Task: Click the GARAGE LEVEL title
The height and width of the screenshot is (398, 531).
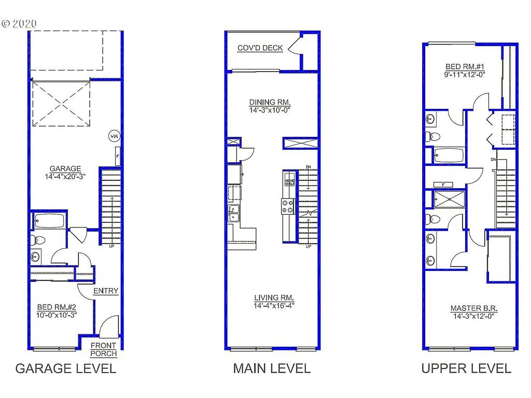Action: click(65, 368)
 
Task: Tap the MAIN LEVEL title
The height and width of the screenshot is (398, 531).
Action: click(272, 368)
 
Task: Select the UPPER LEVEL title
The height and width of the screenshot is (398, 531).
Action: click(466, 368)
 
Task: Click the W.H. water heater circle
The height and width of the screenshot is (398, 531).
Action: click(114, 136)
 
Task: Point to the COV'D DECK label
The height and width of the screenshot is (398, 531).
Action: click(260, 48)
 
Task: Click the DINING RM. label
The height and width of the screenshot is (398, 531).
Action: click(270, 102)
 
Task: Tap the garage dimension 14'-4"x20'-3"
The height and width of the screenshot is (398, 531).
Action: click(65, 176)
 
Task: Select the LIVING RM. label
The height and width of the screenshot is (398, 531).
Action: click(274, 297)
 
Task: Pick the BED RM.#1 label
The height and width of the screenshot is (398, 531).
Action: click(465, 67)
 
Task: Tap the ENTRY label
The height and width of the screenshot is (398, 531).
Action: click(106, 291)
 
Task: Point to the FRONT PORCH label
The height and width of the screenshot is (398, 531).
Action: click(104, 349)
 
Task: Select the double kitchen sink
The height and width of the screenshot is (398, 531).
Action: click(234, 213)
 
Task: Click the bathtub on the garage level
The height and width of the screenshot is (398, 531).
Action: click(49, 221)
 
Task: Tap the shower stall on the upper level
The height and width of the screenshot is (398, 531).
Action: click(450, 200)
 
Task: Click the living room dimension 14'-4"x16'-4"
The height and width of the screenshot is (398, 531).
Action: click(274, 305)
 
